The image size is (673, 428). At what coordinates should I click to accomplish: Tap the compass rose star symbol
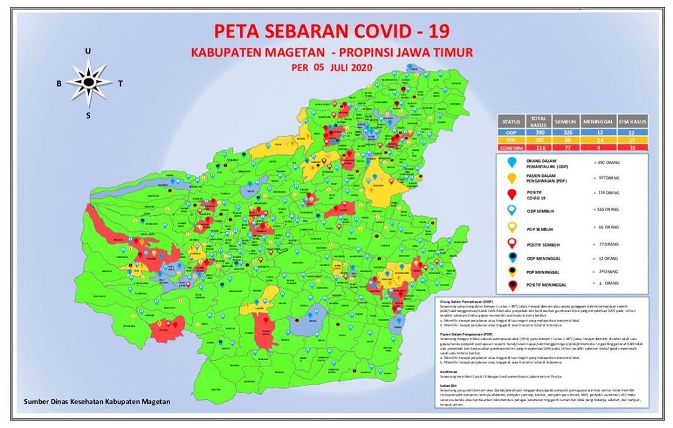88,81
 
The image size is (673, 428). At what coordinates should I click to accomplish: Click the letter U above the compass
88,51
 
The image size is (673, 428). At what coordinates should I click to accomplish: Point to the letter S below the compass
88,115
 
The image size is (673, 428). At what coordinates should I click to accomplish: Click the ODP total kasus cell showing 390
538,133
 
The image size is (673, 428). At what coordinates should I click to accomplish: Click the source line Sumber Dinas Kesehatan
97,402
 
